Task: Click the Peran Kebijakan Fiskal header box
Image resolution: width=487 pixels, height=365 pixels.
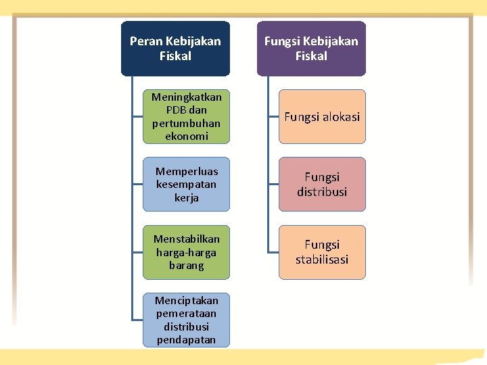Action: click(x=175, y=49)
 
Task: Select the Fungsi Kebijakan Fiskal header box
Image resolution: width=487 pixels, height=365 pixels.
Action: click(x=311, y=49)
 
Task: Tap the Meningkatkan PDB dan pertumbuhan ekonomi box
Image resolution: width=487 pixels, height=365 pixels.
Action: click(x=186, y=116)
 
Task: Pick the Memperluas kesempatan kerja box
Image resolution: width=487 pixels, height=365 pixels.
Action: click(x=186, y=184)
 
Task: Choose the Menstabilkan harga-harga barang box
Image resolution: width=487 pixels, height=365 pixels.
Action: click(x=186, y=252)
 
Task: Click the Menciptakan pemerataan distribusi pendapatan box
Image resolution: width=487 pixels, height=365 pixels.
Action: click(x=186, y=320)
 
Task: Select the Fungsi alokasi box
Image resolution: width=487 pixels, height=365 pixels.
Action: click(x=322, y=116)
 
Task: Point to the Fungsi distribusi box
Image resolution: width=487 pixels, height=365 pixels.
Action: click(x=322, y=184)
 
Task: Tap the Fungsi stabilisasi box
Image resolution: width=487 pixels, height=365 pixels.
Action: click(x=322, y=252)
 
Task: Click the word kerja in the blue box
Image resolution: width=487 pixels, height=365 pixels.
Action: click(x=186, y=198)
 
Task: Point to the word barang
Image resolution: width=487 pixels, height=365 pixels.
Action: click(x=186, y=266)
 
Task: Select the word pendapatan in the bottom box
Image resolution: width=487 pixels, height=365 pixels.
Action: click(x=186, y=340)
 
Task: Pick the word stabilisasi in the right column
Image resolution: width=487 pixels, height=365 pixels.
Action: click(x=322, y=260)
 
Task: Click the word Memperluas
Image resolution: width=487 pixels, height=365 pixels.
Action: click(x=186, y=171)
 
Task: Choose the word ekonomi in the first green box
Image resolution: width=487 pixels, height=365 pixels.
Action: click(x=186, y=137)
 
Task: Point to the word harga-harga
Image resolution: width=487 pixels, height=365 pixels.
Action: click(x=186, y=252)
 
